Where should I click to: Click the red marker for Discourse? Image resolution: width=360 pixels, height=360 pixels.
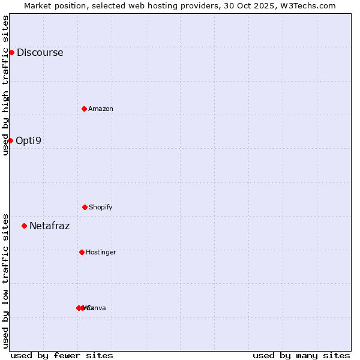11,52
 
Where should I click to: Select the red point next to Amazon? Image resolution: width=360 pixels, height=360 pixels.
84,109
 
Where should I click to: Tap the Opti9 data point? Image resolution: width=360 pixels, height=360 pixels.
10,140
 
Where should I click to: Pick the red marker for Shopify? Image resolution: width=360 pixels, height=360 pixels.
85,207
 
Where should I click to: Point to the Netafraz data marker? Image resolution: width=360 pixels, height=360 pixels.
24,226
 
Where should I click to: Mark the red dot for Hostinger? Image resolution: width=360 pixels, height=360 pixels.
82,252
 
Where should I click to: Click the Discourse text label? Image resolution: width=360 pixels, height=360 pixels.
40,52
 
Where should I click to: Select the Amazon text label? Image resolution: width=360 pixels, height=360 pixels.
101,109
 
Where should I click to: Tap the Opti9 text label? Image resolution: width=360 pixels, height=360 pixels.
29,140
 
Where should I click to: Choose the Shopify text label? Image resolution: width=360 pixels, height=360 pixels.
101,207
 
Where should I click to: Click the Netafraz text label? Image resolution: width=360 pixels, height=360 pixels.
49,226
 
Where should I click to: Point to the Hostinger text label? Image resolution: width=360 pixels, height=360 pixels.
101,252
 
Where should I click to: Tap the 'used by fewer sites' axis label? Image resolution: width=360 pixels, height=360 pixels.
62,355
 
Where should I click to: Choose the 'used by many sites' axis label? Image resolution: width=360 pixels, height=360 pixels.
301,355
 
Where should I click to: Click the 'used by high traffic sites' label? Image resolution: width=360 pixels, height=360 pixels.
5,85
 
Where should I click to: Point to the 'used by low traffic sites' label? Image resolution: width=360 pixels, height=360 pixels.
5,280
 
